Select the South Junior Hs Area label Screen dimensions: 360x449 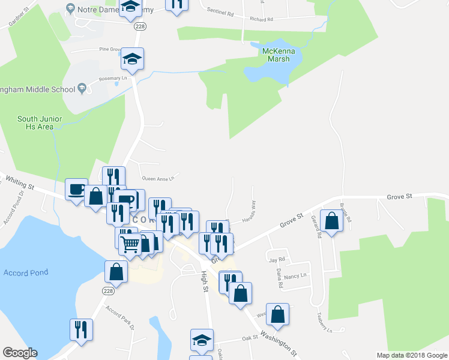pyautogui.click(x=40, y=122)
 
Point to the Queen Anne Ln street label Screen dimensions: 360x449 pyautogui.click(x=157, y=178)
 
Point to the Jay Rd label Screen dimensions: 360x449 pyautogui.click(x=277, y=260)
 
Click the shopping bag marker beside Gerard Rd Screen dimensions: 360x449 pyautogui.click(x=331, y=220)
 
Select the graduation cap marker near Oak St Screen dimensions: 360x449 pyautogui.click(x=202, y=339)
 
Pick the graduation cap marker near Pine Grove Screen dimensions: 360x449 pyautogui.click(x=133, y=59)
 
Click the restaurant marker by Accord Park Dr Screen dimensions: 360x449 pyautogui.click(x=80, y=329)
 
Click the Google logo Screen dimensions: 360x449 pyautogui.click(x=20, y=352)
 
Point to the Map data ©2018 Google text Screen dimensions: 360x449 pyautogui.click(x=411, y=355)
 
